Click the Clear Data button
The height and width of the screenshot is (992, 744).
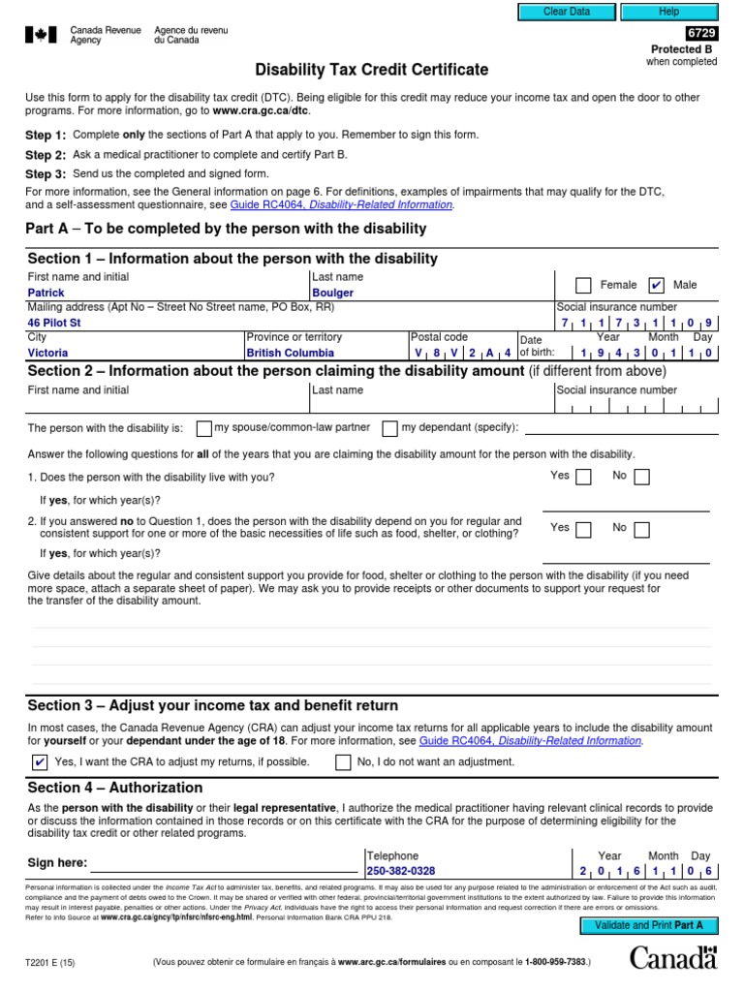pyautogui.click(x=567, y=12)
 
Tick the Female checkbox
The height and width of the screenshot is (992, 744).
pyautogui.click(x=583, y=285)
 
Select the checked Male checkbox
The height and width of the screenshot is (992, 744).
pyautogui.click(x=656, y=285)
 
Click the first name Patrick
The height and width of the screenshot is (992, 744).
pyautogui.click(x=46, y=293)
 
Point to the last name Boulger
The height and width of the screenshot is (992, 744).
pyautogui.click(x=332, y=293)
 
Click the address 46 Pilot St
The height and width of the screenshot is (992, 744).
pyautogui.click(x=54, y=323)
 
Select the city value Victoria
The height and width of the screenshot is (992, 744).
pyautogui.click(x=47, y=354)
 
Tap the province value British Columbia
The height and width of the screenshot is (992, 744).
pyautogui.click(x=290, y=354)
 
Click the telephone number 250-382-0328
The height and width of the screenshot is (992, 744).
pyautogui.click(x=400, y=871)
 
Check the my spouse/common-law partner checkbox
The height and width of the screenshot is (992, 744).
pyautogui.click(x=203, y=428)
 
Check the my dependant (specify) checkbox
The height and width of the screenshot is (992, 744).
pyautogui.click(x=389, y=428)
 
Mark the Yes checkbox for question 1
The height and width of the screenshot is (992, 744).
pyautogui.click(x=583, y=477)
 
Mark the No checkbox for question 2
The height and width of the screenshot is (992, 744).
pyautogui.click(x=641, y=529)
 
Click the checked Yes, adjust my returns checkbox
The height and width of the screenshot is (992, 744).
pyautogui.click(x=40, y=761)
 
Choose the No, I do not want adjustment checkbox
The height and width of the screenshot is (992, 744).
pyautogui.click(x=343, y=761)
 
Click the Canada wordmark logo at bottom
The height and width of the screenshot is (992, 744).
pyautogui.click(x=673, y=959)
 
